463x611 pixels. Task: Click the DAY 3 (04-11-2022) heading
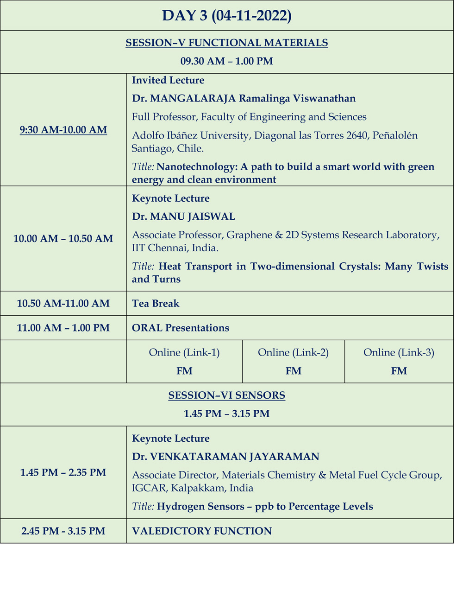(226, 16)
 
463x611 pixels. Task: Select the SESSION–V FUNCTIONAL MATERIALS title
(226, 43)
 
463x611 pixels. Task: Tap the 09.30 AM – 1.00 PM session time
(226, 61)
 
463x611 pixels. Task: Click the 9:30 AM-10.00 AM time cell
(63, 130)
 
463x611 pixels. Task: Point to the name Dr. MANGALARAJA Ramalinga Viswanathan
(244, 98)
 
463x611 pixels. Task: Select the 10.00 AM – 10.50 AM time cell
(63, 239)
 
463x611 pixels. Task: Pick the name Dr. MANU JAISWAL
(183, 216)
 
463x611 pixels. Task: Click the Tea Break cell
(156, 304)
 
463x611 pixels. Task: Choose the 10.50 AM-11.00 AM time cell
(63, 304)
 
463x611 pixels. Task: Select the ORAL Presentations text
(181, 328)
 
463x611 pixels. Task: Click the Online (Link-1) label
(184, 353)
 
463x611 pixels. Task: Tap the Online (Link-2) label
(293, 353)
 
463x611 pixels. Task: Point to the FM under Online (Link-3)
(399, 371)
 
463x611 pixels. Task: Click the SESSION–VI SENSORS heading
(226, 395)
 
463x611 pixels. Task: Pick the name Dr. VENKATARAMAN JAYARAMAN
(225, 457)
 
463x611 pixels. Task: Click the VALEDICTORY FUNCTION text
(202, 531)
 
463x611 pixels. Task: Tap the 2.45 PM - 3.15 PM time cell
(63, 531)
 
